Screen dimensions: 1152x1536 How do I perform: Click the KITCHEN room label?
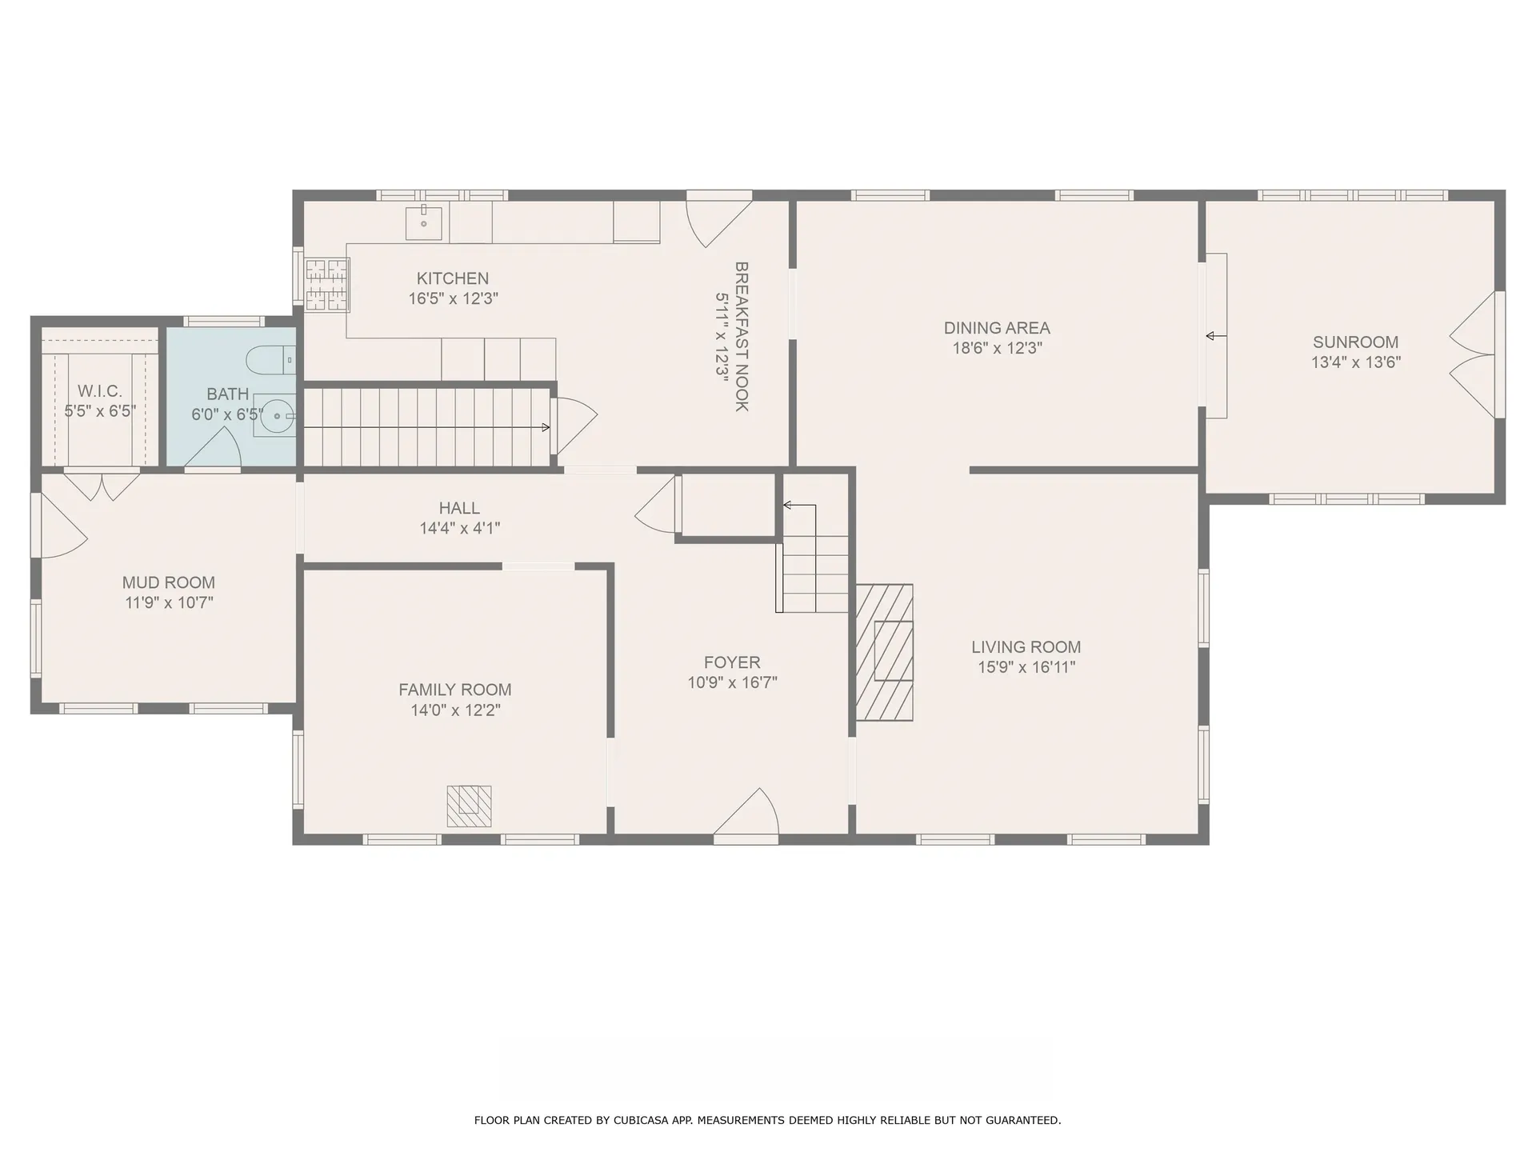(452, 278)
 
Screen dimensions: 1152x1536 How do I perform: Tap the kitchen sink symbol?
(423, 222)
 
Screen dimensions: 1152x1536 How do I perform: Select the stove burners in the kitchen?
(328, 284)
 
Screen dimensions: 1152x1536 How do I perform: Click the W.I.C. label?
(100, 391)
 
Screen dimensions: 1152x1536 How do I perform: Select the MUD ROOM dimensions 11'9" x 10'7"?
(169, 602)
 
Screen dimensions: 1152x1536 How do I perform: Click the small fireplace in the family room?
(469, 806)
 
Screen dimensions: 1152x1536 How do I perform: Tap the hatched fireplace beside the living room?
(885, 652)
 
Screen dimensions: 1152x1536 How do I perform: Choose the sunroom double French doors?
(1474, 354)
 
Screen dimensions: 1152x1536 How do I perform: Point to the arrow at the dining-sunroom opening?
(1214, 336)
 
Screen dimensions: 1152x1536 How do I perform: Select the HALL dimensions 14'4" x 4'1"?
(459, 528)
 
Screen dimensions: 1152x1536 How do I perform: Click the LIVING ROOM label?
(1026, 647)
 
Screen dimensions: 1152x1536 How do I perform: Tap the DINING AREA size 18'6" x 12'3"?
(997, 348)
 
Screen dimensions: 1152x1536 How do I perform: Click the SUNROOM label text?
(1355, 342)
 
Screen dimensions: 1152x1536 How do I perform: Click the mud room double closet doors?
(102, 486)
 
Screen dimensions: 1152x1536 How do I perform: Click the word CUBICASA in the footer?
(642, 1120)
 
